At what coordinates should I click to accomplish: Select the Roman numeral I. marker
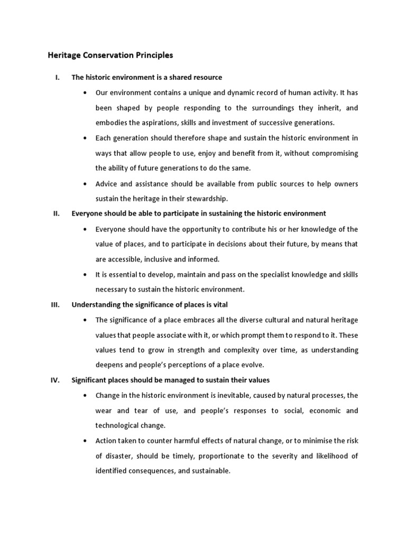point(57,78)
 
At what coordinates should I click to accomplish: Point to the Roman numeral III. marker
point(56,305)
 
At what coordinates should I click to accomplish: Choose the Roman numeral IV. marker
point(56,380)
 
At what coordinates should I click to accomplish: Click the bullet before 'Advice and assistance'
point(86,184)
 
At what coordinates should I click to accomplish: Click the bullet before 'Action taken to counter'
point(86,441)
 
